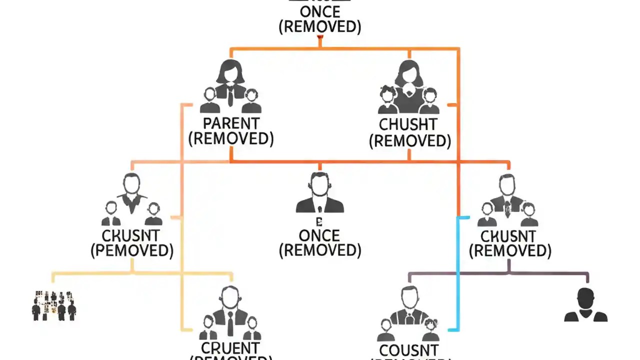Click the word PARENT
tap(230, 123)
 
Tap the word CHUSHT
tap(408, 124)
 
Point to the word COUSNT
tap(408, 349)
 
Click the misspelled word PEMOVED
tap(132, 250)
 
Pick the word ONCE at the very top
tap(319, 11)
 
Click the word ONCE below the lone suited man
tap(319, 235)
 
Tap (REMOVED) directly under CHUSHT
tap(409, 141)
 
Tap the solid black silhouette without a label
tap(585, 304)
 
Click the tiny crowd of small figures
tap(54, 305)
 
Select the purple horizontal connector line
tap(500, 273)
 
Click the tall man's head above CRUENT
tap(229, 297)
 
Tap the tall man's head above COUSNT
tap(409, 297)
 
